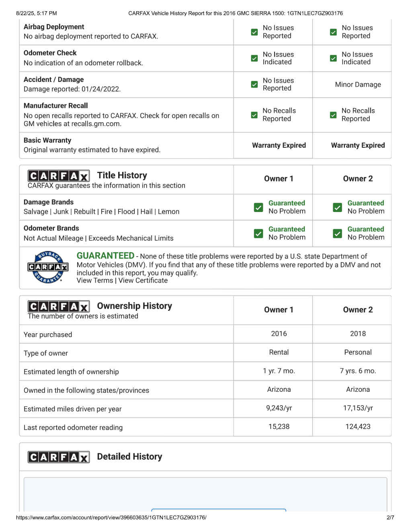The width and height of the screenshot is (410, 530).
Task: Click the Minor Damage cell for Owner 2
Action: [358, 84]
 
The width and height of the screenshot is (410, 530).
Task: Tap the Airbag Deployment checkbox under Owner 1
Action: [254, 32]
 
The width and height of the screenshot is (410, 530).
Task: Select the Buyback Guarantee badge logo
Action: [48, 267]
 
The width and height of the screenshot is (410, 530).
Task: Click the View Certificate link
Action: [143, 281]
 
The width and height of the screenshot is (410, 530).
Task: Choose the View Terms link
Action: [94, 281]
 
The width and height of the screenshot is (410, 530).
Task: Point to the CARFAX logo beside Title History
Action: [58, 176]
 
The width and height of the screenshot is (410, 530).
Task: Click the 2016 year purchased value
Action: [279, 334]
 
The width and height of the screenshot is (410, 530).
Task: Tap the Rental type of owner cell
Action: [279, 352]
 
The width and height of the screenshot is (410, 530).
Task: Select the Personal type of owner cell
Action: [358, 352]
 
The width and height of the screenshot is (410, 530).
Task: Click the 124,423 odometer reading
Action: [358, 426]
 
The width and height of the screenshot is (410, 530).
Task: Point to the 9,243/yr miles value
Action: [279, 408]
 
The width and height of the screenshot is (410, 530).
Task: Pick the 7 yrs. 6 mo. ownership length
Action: [358, 371]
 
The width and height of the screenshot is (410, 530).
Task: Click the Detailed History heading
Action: [129, 457]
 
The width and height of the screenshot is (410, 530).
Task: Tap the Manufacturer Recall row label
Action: [55, 106]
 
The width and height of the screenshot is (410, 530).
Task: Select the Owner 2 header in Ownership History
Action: [358, 310]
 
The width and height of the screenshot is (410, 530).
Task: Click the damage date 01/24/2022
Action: [100, 89]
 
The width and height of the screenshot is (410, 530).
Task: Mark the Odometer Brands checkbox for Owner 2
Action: [337, 233]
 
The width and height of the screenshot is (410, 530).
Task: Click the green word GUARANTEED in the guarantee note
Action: [105, 256]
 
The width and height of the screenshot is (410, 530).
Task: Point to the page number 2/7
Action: [390, 518]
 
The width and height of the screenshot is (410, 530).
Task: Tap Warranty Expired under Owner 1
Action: [279, 145]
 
